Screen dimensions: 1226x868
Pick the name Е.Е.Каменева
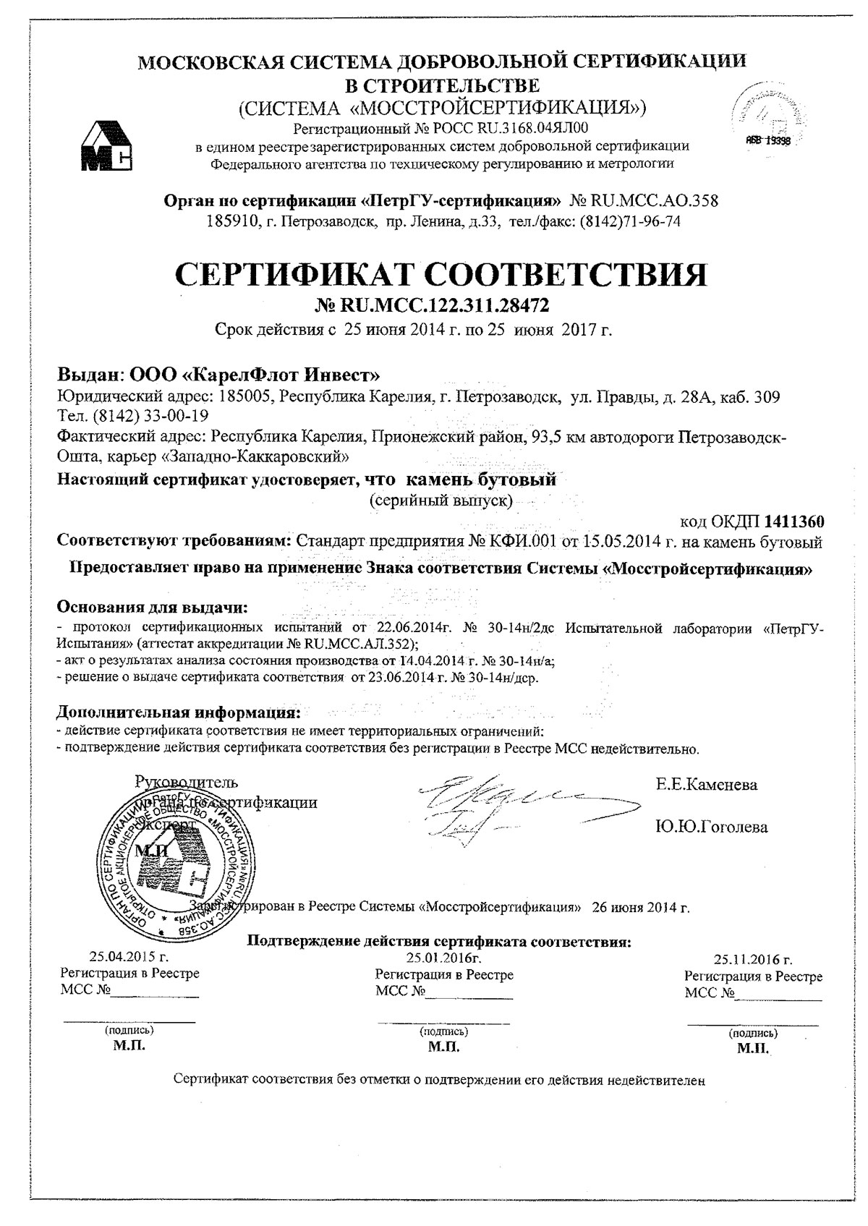(707, 785)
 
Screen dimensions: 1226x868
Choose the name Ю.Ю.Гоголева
(712, 827)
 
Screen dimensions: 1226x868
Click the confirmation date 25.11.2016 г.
(753, 960)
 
